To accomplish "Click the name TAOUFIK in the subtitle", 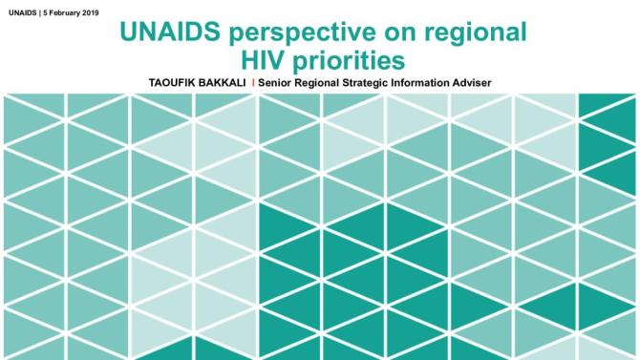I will pyautogui.click(x=171, y=83).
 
